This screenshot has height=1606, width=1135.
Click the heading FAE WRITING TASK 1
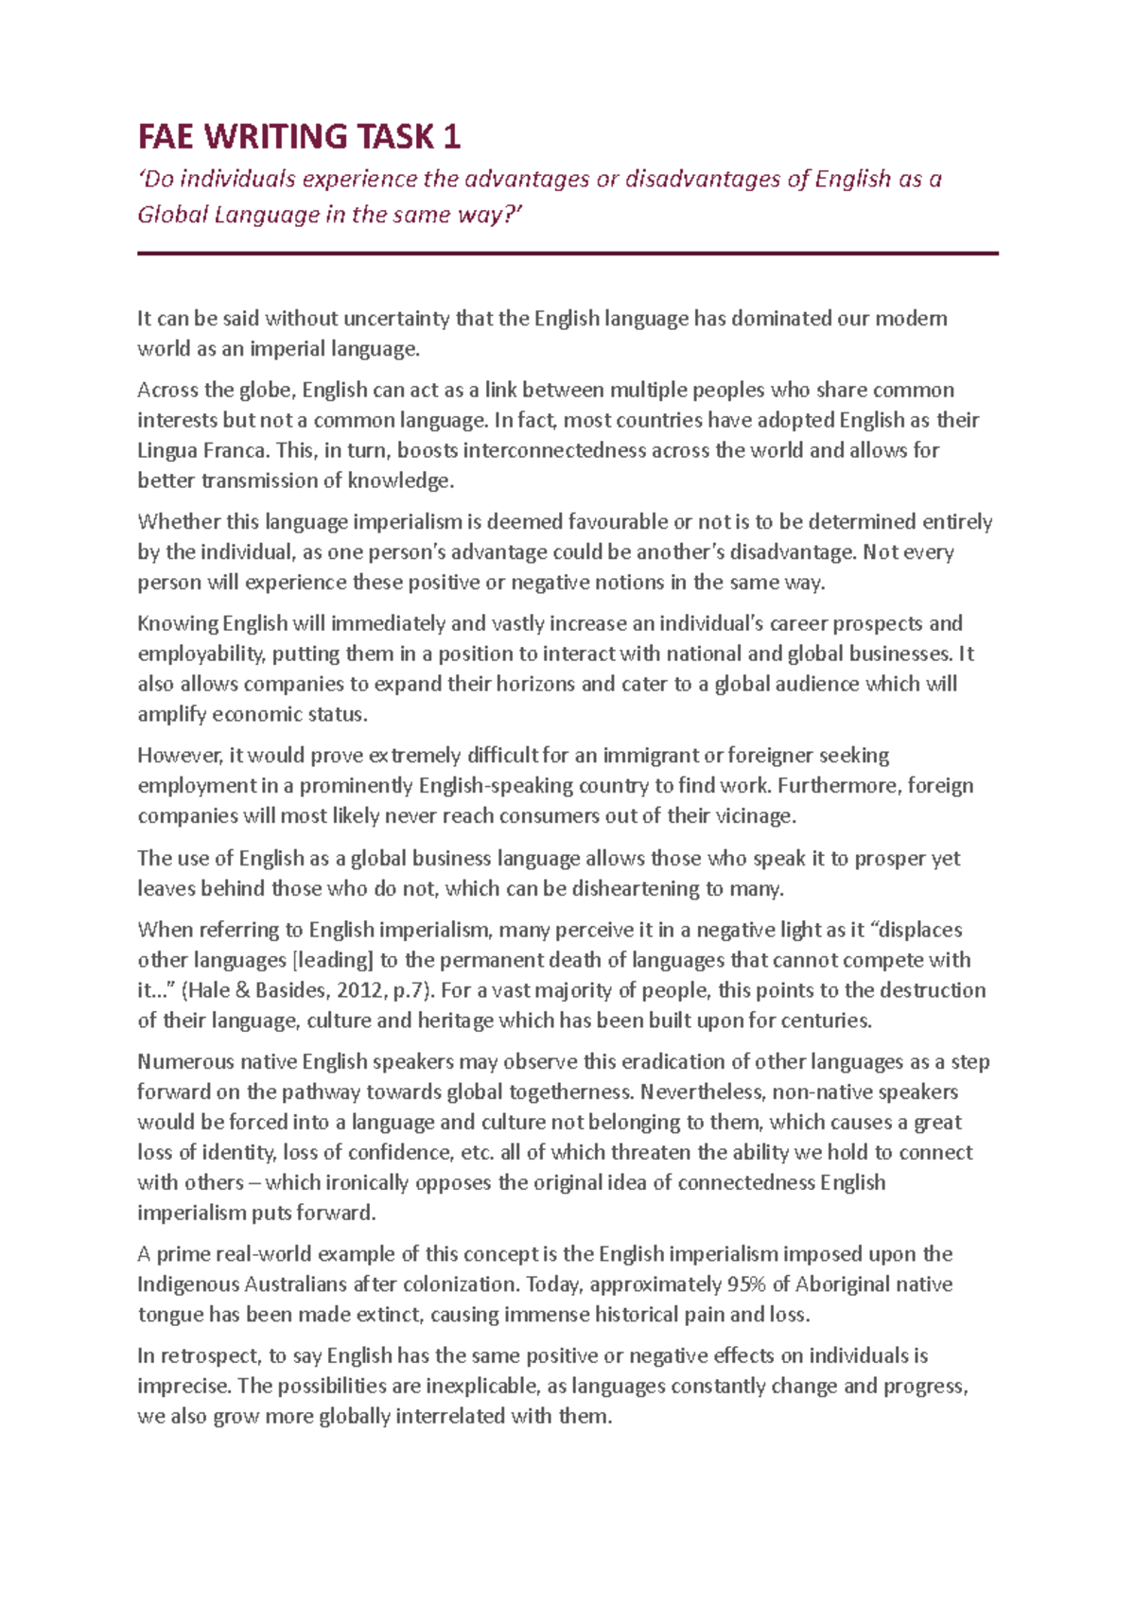299,137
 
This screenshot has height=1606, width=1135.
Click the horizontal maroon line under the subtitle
567,253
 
